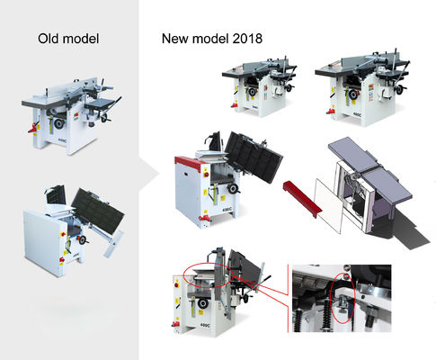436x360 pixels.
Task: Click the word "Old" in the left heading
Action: tap(49, 39)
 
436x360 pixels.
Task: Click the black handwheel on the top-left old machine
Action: tap(58, 123)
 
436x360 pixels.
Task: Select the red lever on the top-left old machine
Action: tap(34, 128)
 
